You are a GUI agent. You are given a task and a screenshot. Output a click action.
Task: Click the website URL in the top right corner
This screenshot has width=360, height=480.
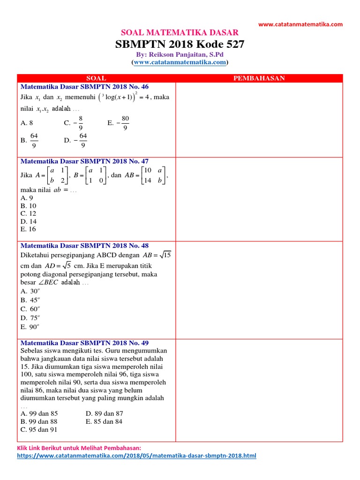tap(300, 24)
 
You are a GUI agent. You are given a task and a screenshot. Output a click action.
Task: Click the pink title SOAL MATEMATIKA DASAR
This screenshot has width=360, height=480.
tap(180, 32)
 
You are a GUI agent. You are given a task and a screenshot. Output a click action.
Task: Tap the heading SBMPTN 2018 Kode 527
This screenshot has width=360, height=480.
tap(180, 45)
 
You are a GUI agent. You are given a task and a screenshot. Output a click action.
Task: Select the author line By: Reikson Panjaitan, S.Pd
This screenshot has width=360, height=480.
tap(180, 55)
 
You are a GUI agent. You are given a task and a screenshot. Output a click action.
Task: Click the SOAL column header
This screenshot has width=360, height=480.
tap(97, 78)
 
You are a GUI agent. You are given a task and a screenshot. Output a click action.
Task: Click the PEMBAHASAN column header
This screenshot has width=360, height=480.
tap(259, 78)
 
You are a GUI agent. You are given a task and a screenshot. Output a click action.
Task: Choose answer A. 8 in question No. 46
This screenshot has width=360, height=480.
tap(27, 123)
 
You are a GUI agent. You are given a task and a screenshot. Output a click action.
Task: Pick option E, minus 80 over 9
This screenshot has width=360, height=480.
tap(119, 123)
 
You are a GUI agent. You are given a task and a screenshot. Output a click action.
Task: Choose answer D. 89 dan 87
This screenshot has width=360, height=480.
tap(105, 413)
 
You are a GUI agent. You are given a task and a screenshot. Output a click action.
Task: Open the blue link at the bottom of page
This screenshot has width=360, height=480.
tap(136, 456)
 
